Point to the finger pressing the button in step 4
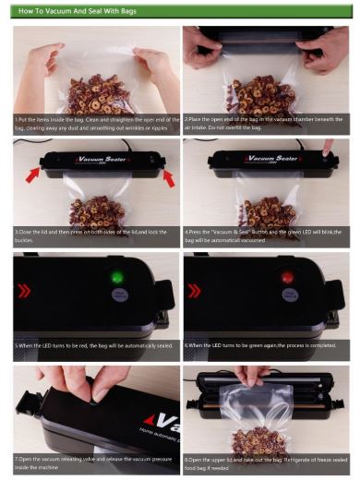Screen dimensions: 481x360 coord(330,146)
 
